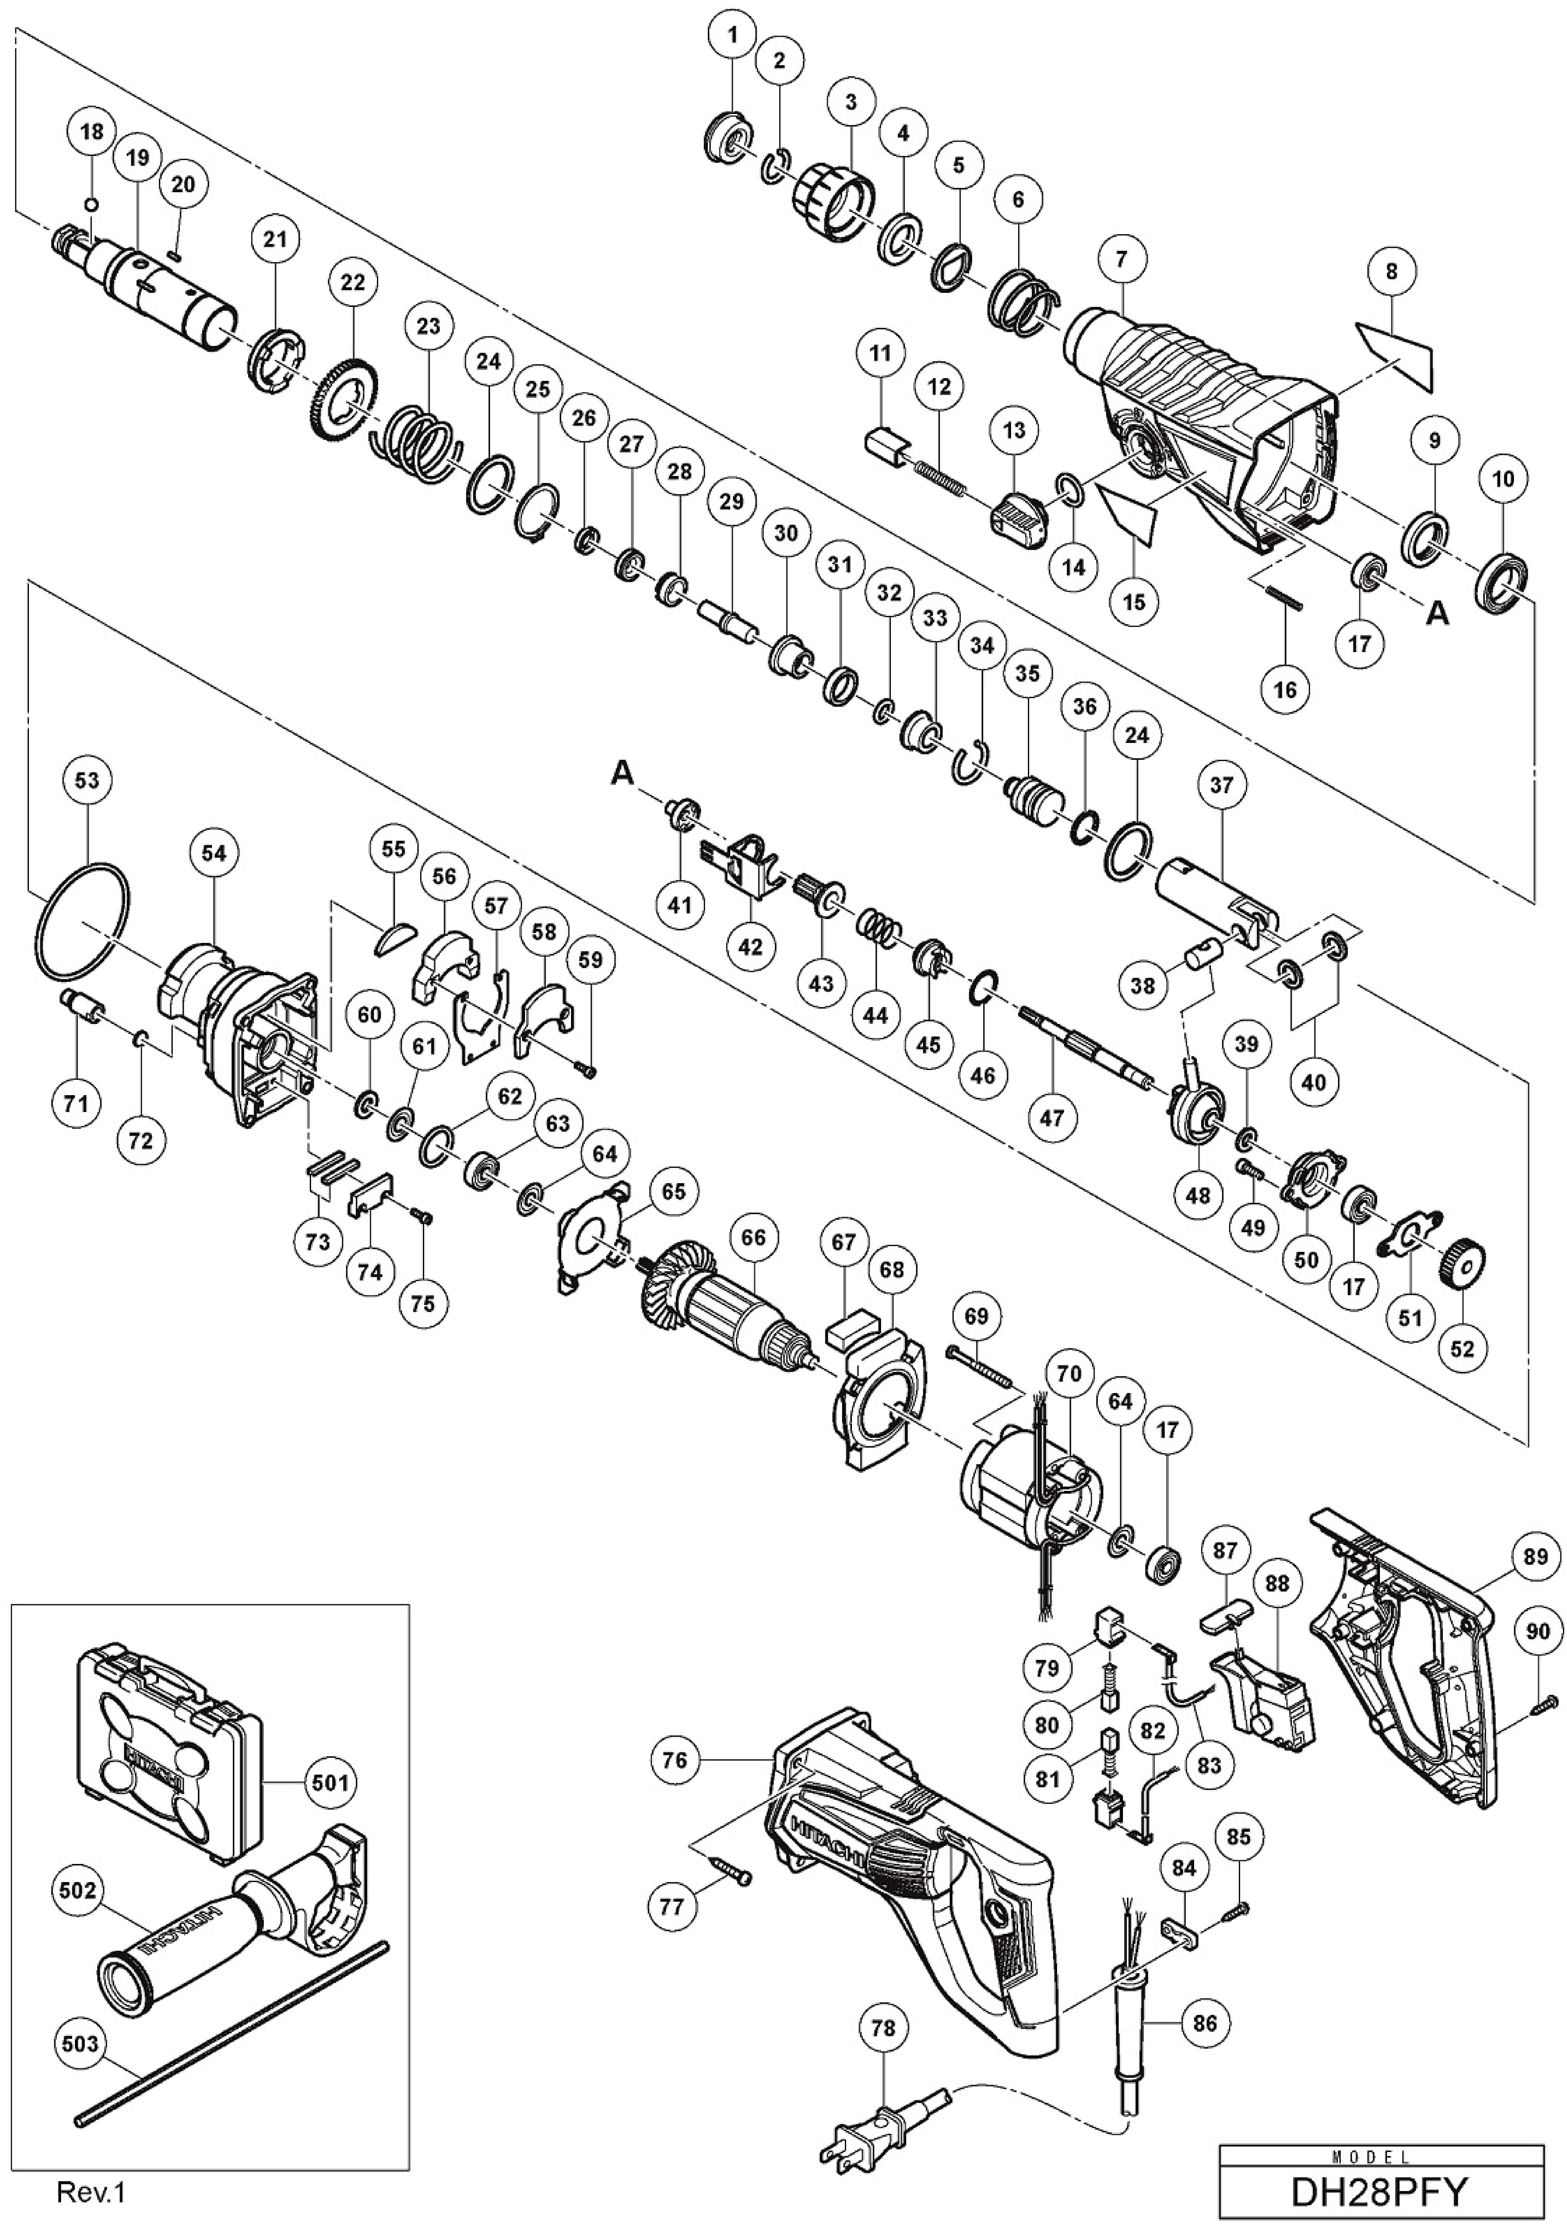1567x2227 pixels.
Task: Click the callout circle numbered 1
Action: (x=733, y=36)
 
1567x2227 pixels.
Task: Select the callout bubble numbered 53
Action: (x=87, y=780)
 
